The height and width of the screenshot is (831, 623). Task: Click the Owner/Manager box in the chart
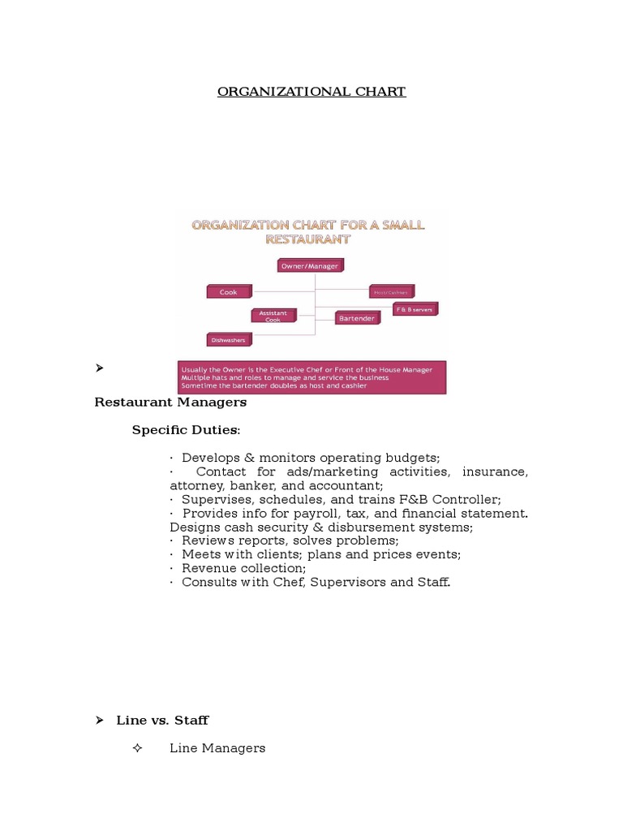click(x=310, y=265)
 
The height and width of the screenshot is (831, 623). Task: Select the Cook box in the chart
click(x=229, y=291)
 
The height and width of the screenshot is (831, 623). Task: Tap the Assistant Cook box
click(x=273, y=316)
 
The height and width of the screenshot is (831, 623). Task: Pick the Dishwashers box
click(x=229, y=339)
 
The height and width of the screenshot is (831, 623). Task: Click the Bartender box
click(x=356, y=318)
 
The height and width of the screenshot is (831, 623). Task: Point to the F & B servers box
click(x=415, y=309)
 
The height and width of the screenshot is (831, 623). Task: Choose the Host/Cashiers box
click(x=392, y=291)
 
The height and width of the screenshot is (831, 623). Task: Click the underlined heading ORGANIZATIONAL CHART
click(x=311, y=92)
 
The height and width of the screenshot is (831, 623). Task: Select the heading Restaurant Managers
click(x=170, y=402)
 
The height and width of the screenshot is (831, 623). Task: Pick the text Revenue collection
click(x=243, y=569)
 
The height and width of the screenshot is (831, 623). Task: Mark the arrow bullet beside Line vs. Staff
click(x=99, y=720)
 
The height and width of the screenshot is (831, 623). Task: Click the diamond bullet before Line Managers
click(x=137, y=747)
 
